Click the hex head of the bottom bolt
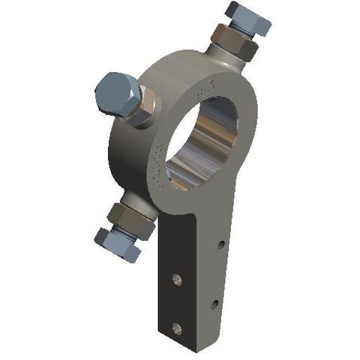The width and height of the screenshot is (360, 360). [117, 244]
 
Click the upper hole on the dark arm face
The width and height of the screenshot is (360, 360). [176, 279]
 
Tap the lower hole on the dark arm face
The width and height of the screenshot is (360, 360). [177, 326]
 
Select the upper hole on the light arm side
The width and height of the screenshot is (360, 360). [220, 244]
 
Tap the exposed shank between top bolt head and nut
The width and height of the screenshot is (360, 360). [241, 29]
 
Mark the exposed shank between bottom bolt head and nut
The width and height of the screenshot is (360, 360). [122, 231]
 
